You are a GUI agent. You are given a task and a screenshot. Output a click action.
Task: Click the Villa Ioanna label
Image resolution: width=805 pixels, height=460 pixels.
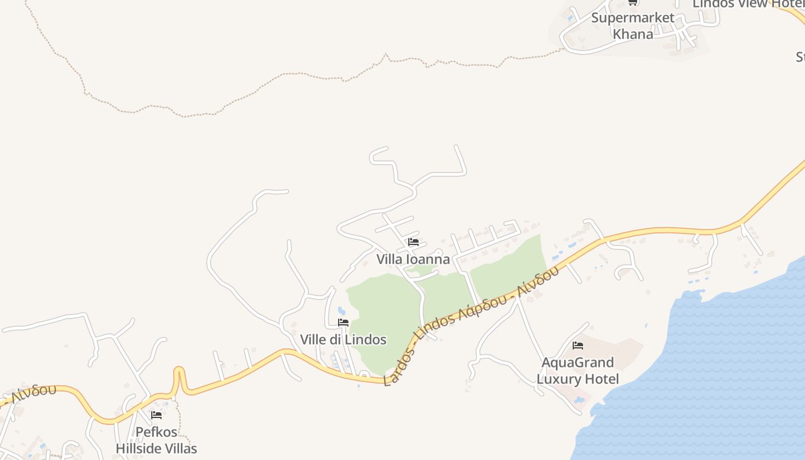click(413, 259)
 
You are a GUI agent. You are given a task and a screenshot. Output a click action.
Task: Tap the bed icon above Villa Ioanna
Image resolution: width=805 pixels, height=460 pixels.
click(413, 242)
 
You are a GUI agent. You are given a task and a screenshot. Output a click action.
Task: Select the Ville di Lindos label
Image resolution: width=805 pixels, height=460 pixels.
click(343, 340)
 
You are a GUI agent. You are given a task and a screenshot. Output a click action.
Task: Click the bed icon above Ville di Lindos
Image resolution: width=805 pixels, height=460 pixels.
click(343, 323)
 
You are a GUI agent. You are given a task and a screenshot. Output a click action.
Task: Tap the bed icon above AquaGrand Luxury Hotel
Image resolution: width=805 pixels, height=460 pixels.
click(578, 346)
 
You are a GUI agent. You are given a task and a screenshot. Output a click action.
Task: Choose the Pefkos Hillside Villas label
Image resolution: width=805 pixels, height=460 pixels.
click(156, 440)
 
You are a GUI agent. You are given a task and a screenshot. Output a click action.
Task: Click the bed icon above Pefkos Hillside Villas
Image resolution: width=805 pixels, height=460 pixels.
click(156, 415)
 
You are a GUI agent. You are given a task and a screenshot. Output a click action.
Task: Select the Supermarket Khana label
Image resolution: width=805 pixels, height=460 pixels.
click(632, 26)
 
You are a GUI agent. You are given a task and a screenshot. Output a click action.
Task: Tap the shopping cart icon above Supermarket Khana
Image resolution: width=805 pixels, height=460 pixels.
click(632, 2)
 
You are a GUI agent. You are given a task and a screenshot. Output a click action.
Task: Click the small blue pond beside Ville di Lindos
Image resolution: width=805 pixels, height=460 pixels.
click(342, 311)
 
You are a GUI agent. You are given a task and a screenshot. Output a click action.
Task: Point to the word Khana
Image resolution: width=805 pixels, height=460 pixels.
click(632, 34)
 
